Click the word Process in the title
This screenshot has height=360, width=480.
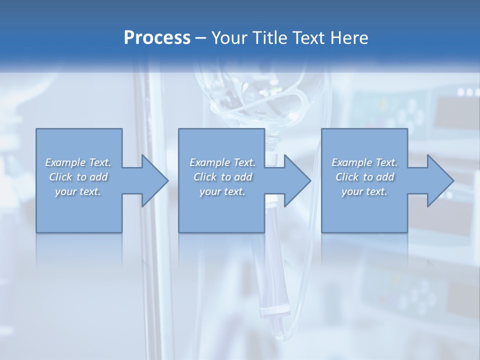pyautogui.click(x=157, y=38)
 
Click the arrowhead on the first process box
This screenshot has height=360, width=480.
pyautogui.click(x=153, y=180)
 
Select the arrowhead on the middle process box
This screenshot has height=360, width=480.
pyautogui.click(x=295, y=180)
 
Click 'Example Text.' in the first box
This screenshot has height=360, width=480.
pyautogui.click(x=78, y=162)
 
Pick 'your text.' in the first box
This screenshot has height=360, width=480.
pyautogui.click(x=78, y=191)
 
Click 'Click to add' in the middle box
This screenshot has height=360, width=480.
pyautogui.click(x=222, y=177)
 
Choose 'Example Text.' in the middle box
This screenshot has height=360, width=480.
pyautogui.click(x=222, y=162)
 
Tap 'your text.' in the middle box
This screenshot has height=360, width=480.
pyautogui.click(x=222, y=191)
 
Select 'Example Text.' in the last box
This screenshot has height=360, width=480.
pyautogui.click(x=364, y=162)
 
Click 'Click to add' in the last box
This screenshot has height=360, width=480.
pyautogui.click(x=364, y=177)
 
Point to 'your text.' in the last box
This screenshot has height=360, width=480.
pyautogui.click(x=364, y=191)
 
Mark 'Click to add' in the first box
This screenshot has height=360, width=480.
pyautogui.click(x=78, y=177)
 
